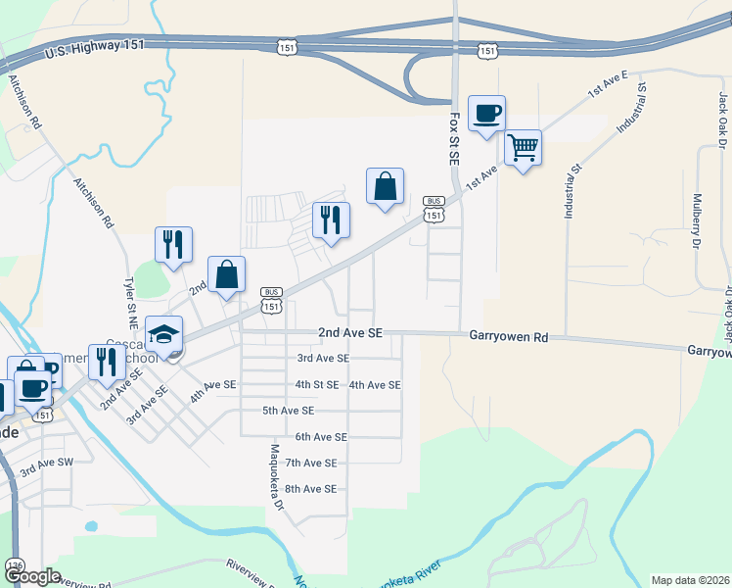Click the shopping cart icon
[x=524, y=148]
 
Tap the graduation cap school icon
[x=163, y=334]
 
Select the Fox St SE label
[x=454, y=138]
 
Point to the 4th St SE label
[x=317, y=385]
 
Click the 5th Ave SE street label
[x=288, y=411]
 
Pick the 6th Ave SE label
[x=321, y=437]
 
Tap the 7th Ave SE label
[x=310, y=463]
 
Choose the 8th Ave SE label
[x=310, y=488]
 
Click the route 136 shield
[x=14, y=566]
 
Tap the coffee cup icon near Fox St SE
[x=486, y=114]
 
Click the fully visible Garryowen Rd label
[x=509, y=336]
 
